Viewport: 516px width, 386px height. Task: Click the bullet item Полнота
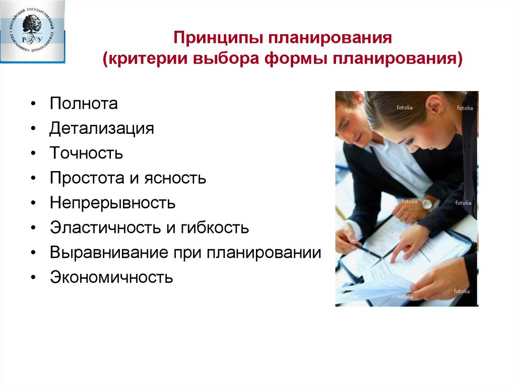point(84,104)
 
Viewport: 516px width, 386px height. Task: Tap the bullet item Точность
point(86,153)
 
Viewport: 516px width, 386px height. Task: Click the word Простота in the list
point(89,178)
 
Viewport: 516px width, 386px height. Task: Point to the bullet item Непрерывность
point(112,203)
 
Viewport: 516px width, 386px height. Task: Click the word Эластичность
point(103,228)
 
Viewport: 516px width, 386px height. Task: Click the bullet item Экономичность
point(111,277)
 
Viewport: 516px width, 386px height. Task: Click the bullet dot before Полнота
point(33,105)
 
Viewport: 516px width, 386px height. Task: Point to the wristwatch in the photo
point(427,204)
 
